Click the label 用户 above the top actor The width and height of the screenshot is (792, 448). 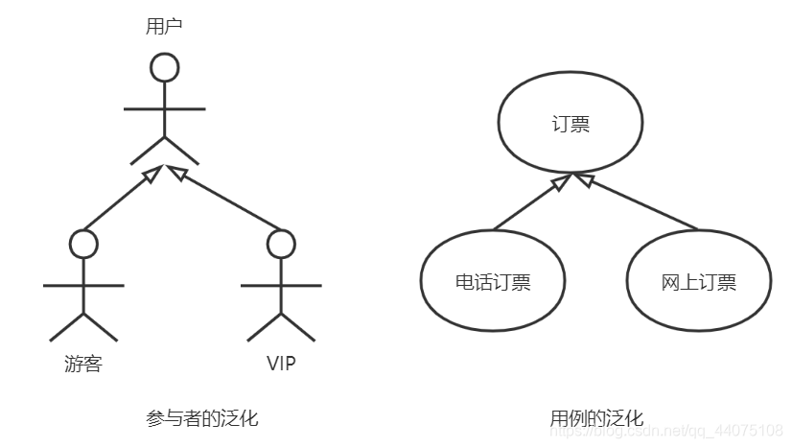(x=164, y=27)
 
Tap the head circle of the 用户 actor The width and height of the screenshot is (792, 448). (x=165, y=67)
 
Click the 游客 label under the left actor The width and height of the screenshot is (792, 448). (x=82, y=364)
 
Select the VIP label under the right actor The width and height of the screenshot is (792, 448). (x=281, y=364)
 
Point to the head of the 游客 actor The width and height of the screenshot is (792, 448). (x=84, y=244)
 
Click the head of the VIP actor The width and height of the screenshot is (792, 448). (x=281, y=244)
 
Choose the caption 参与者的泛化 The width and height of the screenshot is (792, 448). (x=201, y=418)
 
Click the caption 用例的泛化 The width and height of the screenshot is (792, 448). (x=595, y=418)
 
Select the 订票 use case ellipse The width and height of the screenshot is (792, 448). (x=571, y=126)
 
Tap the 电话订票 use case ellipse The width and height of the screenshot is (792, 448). (x=493, y=282)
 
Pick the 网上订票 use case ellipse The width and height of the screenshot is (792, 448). (x=698, y=282)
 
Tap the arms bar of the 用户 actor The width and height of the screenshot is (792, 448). (x=165, y=107)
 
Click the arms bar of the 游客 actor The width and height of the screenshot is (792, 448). (x=84, y=285)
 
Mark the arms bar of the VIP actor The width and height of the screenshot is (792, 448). (x=281, y=285)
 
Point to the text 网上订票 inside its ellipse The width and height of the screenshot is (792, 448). (x=698, y=282)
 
